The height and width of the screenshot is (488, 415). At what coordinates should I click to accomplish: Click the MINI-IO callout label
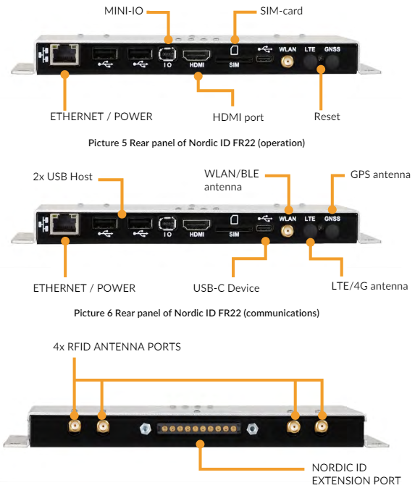pos(124,11)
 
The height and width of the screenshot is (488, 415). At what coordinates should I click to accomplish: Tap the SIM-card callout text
pos(282,11)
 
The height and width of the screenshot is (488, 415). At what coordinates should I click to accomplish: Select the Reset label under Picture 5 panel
pos(327,117)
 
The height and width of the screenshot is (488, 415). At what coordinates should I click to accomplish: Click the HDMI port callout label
pos(238,117)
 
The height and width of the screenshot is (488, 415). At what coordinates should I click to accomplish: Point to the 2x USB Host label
pos(62,177)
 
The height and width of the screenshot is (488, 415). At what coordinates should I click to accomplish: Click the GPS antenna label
pos(380,174)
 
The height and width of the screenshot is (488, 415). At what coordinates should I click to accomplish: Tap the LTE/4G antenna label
pos(369,286)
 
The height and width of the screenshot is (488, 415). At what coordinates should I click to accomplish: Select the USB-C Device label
pos(227,288)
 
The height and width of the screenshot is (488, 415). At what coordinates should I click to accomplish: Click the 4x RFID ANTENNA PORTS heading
pos(117,347)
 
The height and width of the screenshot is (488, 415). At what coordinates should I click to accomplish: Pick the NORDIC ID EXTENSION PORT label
pos(356,474)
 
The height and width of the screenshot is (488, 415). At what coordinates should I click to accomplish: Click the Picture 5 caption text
pos(197,143)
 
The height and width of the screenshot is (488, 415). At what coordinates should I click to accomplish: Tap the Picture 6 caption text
pos(197,313)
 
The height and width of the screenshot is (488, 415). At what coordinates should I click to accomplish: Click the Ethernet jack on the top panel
pos(64,55)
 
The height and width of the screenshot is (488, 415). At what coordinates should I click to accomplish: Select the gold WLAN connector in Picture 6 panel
pos(287,231)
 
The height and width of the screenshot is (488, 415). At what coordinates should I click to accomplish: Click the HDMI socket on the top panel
pos(196,56)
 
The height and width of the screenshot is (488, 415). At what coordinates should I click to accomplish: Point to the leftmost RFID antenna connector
pos(75,425)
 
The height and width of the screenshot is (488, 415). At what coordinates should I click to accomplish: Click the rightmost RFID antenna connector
pos(321,426)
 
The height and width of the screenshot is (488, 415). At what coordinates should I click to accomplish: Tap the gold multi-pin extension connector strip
pos(199,429)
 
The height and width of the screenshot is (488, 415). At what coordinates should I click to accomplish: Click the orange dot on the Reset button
pos(321,69)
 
